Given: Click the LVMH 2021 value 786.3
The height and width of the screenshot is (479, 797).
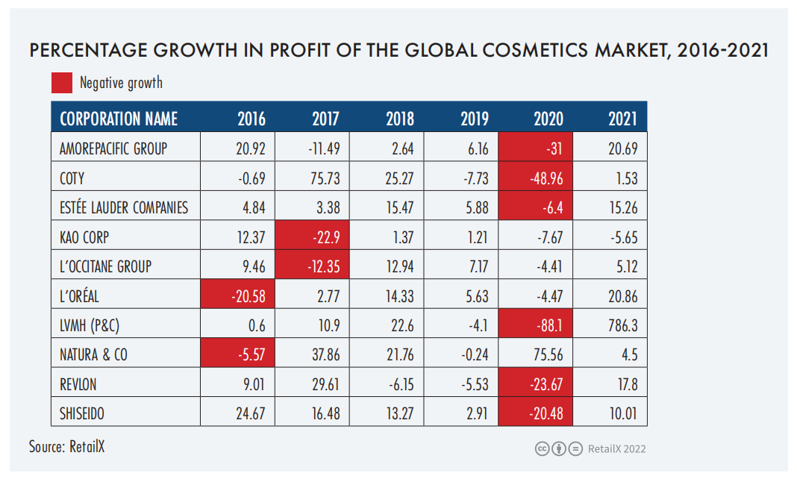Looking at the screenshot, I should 622,325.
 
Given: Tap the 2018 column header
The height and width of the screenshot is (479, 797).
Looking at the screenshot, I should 400,119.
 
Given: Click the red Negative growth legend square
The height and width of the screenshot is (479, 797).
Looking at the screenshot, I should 62,83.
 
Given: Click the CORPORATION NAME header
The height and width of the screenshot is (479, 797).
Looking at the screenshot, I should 119,119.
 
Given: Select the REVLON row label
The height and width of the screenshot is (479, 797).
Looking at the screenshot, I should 78,384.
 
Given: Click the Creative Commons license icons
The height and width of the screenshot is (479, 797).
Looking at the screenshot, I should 558,448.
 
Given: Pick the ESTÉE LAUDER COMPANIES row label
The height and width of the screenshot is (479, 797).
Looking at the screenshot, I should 124,207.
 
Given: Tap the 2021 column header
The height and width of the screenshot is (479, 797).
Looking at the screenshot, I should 622,119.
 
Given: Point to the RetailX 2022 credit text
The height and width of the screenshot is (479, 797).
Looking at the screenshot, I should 617,448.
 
